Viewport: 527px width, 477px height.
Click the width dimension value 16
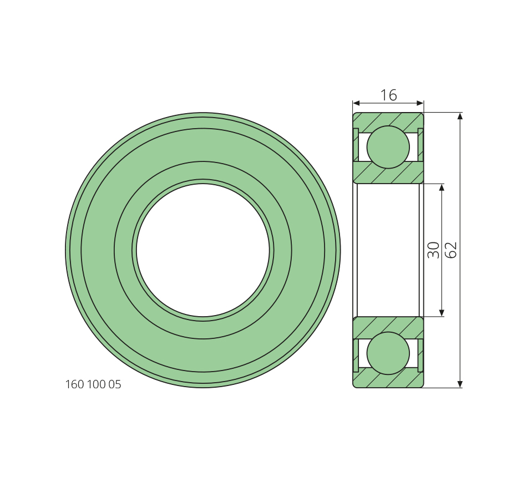(x=388, y=95)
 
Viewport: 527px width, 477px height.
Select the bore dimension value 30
(x=434, y=250)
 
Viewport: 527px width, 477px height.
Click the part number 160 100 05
(x=93, y=384)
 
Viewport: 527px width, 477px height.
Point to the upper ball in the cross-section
(x=388, y=147)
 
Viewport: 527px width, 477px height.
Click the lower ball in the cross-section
(x=388, y=353)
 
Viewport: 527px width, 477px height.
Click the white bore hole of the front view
(x=203, y=250)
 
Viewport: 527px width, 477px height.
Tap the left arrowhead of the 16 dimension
(x=356, y=103)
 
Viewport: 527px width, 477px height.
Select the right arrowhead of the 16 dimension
(x=420, y=103)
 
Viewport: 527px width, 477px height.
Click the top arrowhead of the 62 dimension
(x=460, y=116)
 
